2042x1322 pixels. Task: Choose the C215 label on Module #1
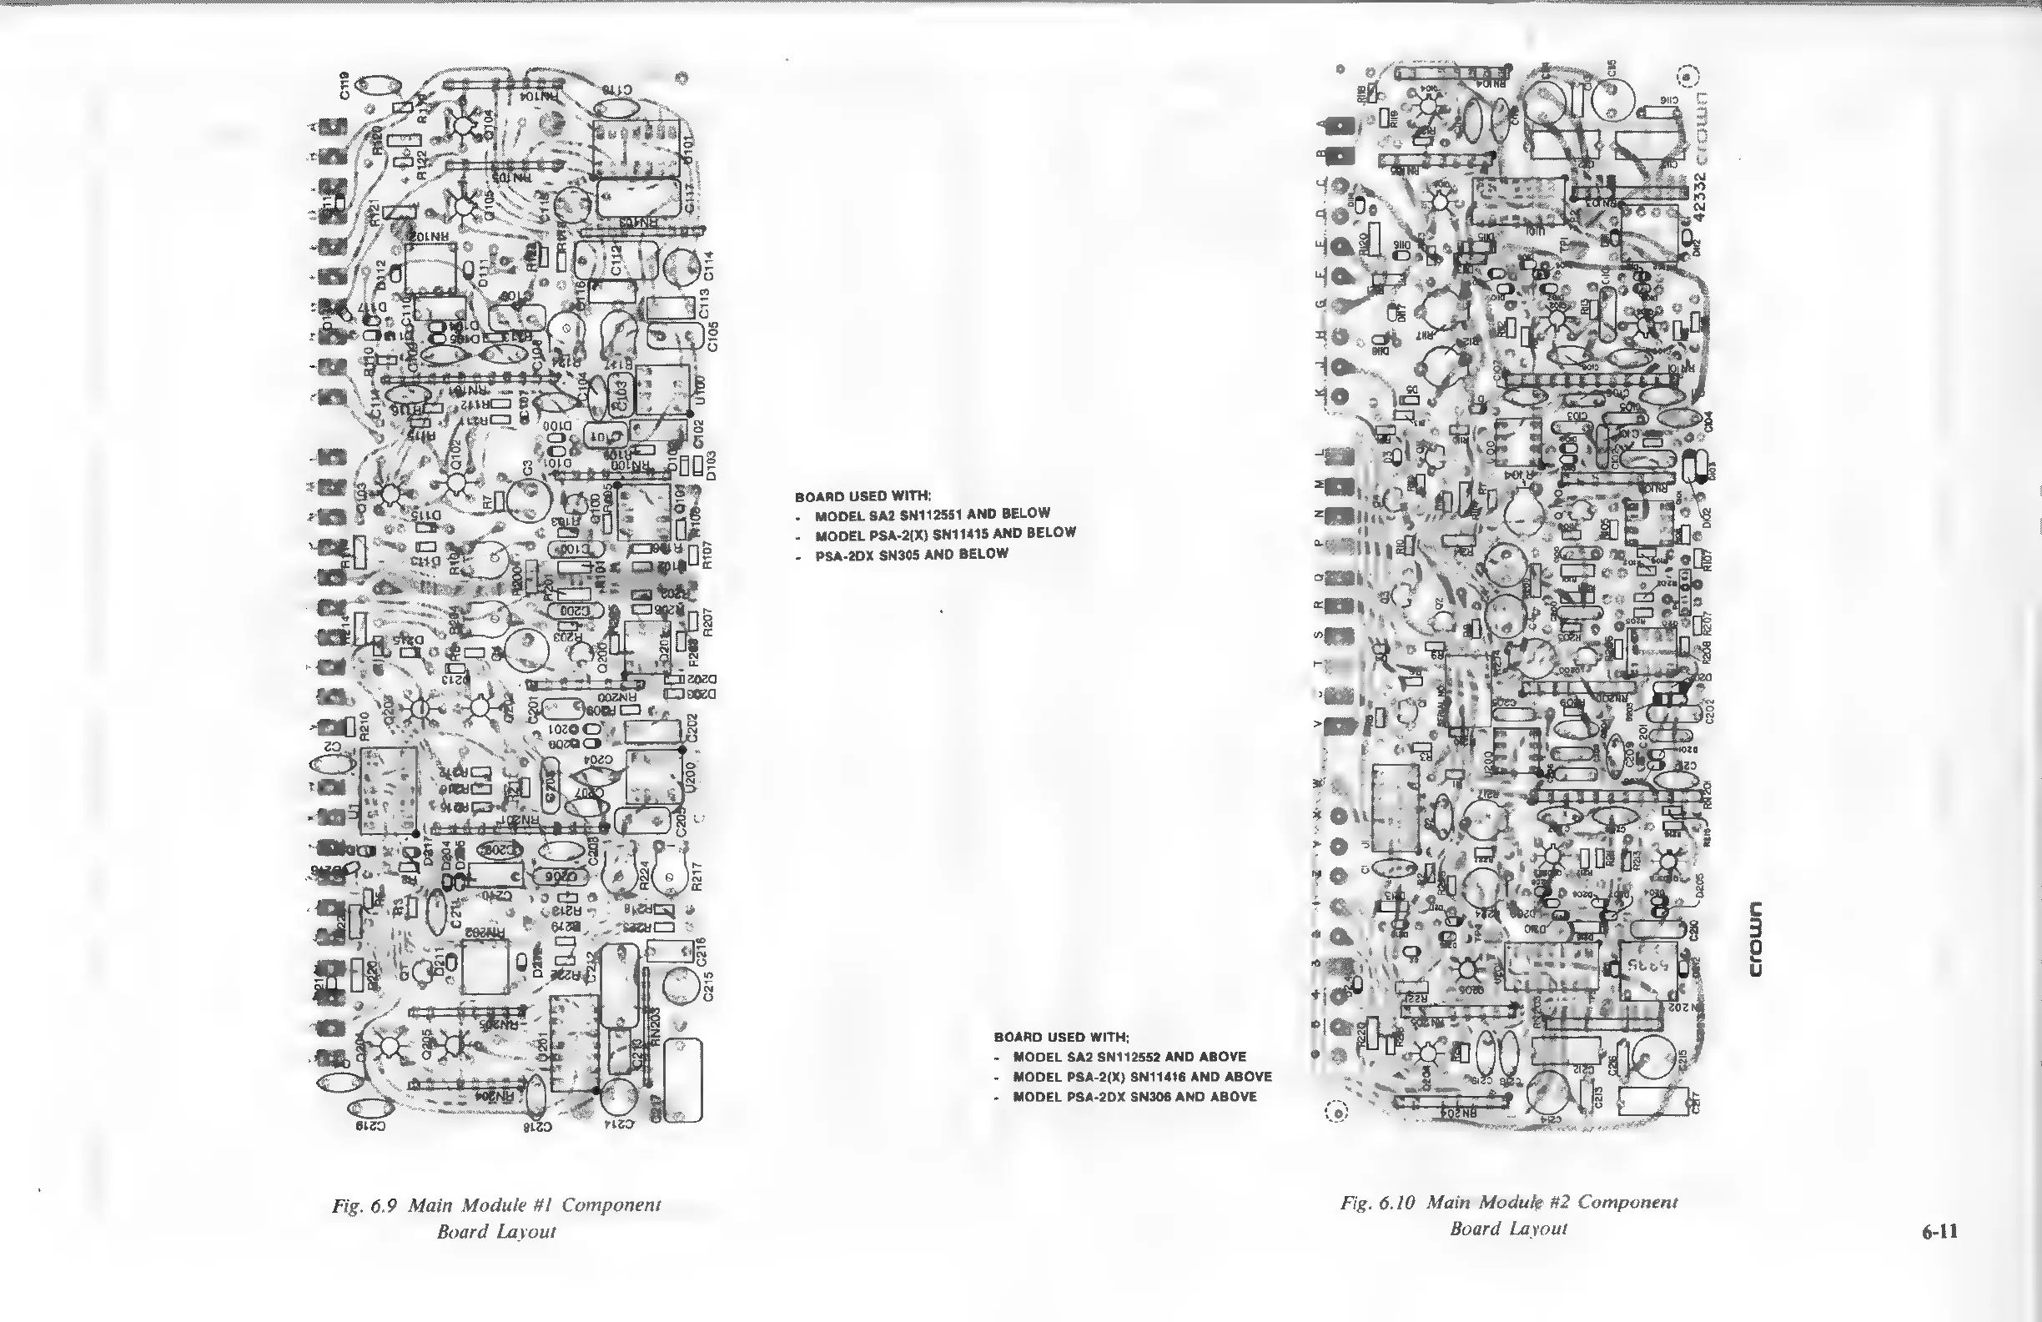pyautogui.click(x=709, y=986)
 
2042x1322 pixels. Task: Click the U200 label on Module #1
pyautogui.click(x=692, y=777)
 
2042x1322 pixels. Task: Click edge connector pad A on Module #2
pyautogui.click(x=1340, y=126)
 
